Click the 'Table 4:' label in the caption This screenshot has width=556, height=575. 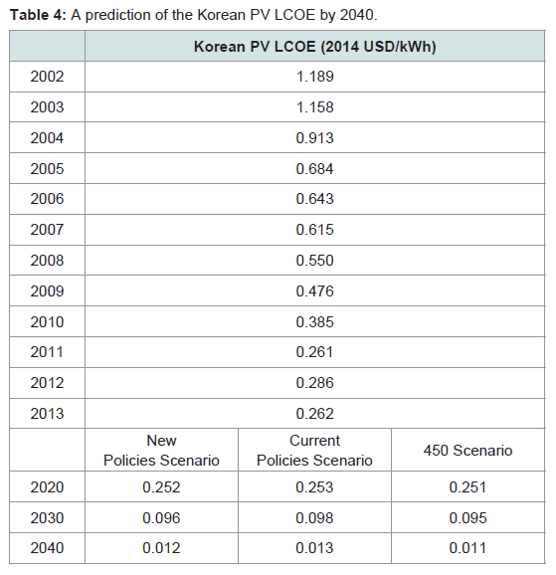(38, 15)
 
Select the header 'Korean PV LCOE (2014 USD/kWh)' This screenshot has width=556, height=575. (314, 47)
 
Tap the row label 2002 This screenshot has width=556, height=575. (47, 77)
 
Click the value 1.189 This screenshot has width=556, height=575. (314, 77)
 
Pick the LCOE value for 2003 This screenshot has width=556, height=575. (314, 107)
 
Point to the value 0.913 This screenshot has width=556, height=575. (314, 138)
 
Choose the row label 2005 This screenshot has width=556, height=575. (47, 169)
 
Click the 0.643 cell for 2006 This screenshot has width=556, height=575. (314, 199)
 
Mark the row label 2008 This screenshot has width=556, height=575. (47, 261)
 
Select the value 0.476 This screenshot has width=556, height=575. (314, 291)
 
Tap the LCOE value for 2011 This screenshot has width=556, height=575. (314, 352)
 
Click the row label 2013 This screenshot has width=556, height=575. (47, 414)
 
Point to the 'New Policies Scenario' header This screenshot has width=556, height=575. (161, 451)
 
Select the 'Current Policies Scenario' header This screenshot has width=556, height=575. (314, 451)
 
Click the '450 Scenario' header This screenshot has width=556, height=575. (468, 451)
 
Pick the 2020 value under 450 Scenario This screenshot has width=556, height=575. (468, 487)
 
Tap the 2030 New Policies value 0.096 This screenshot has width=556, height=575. (161, 518)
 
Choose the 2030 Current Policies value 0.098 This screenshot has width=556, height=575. (314, 518)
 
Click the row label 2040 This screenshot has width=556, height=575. (47, 548)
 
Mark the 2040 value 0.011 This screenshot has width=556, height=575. (468, 548)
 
